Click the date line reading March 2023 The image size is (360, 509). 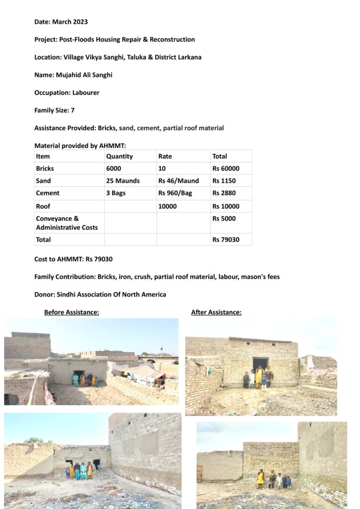pyautogui.click(x=61, y=22)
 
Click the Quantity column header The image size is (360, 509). pyautogui.click(x=119, y=156)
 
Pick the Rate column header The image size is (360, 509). pyautogui.click(x=165, y=156)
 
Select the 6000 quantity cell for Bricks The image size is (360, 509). pyautogui.click(x=114, y=169)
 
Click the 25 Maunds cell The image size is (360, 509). pyautogui.click(x=123, y=181)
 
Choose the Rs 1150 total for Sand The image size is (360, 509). pyautogui.click(x=224, y=181)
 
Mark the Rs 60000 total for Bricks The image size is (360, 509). pyautogui.click(x=226, y=169)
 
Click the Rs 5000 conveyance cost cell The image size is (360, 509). pyautogui.click(x=224, y=219)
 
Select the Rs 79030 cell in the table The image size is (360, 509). pyautogui.click(x=226, y=240)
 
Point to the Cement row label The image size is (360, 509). pyautogui.click(x=48, y=193)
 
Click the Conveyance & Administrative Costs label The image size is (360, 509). pyautogui.click(x=67, y=223)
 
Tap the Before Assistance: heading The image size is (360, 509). pyautogui.click(x=72, y=312)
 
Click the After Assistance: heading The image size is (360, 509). pyautogui.click(x=216, y=312)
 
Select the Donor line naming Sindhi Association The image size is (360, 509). pyautogui.click(x=100, y=294)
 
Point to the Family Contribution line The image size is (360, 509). pyautogui.click(x=157, y=277)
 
